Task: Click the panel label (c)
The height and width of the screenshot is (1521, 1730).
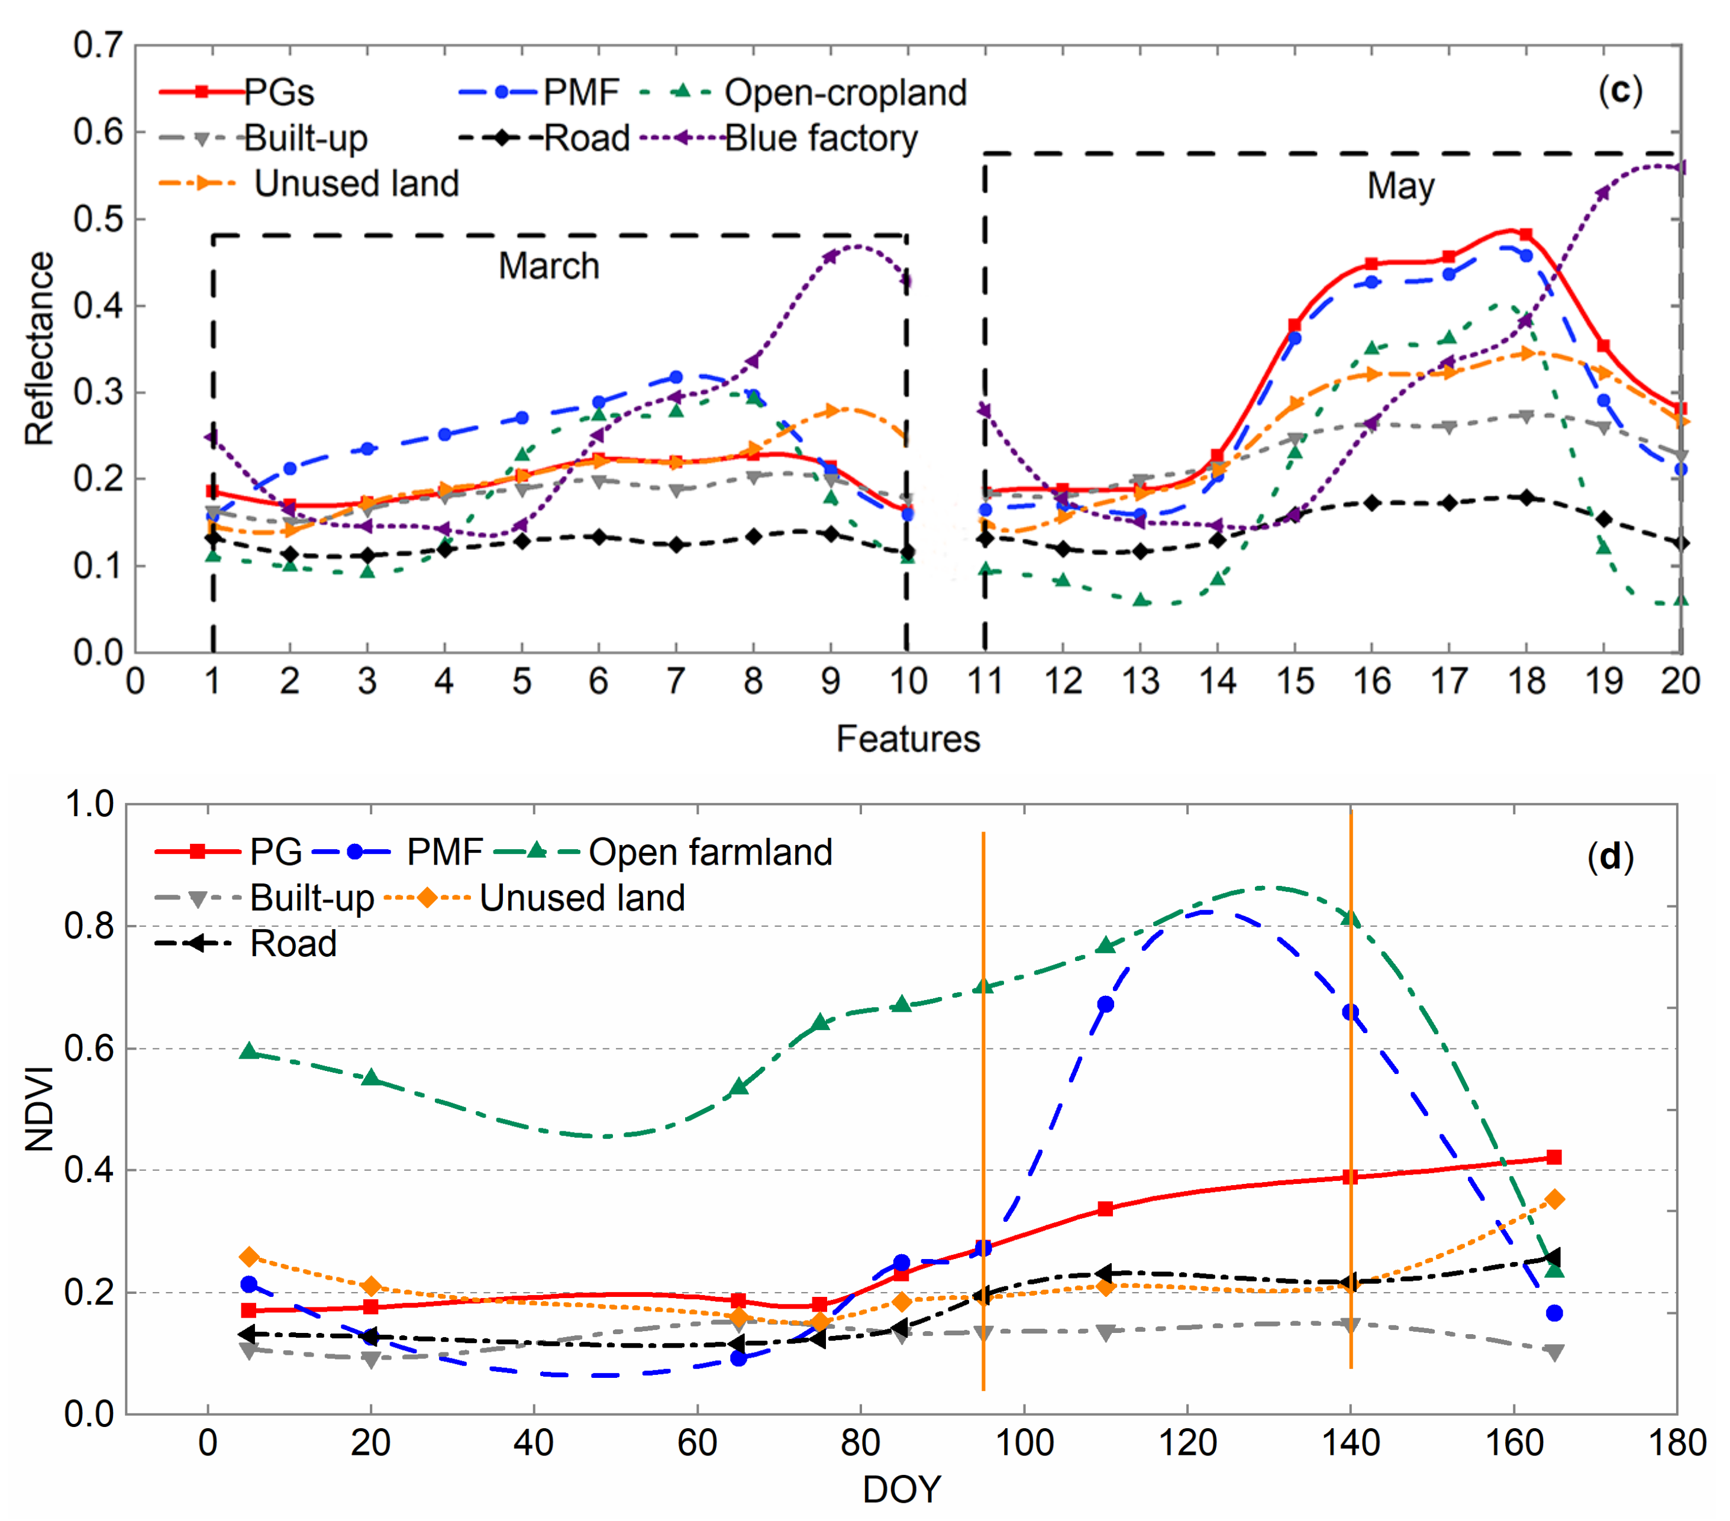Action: (x=1619, y=90)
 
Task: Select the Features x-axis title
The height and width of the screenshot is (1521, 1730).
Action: (x=908, y=739)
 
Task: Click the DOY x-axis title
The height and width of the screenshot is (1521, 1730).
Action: (x=902, y=1489)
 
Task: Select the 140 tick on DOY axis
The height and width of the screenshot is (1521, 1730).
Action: (x=1351, y=1442)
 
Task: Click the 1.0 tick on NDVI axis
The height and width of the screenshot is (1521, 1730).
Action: (x=89, y=804)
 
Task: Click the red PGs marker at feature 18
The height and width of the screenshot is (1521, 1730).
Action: (x=1526, y=234)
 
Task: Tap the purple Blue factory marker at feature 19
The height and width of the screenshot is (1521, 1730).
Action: (x=1602, y=193)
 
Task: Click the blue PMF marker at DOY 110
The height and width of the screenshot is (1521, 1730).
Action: (x=1105, y=1004)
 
